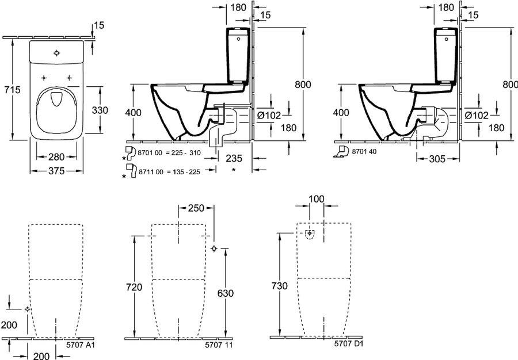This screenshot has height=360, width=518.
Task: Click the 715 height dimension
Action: point(12,89)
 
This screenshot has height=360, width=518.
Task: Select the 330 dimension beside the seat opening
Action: point(100,110)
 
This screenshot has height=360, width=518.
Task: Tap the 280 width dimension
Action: point(56,157)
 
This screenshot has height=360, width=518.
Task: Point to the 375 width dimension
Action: point(56,171)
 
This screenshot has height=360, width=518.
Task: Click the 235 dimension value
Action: point(234,158)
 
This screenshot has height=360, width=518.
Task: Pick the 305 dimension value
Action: point(437,159)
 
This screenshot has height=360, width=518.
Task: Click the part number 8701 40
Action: point(364,151)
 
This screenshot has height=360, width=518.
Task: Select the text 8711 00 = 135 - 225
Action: point(169,172)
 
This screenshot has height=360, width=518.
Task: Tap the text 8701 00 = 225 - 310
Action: point(169,153)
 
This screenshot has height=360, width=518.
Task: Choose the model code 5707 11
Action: point(219,345)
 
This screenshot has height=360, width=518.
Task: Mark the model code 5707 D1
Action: point(349,343)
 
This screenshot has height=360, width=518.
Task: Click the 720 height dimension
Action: point(134,287)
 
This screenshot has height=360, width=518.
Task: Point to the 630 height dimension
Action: point(225,293)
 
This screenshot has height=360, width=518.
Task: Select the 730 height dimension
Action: point(280,286)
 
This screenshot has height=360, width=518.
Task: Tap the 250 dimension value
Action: point(196,208)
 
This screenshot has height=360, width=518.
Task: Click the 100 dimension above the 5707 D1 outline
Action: point(317,199)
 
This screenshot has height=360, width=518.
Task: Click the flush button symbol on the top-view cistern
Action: point(56,53)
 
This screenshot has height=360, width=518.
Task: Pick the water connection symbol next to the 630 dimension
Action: point(214,248)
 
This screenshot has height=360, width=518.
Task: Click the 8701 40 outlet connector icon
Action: point(341,151)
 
